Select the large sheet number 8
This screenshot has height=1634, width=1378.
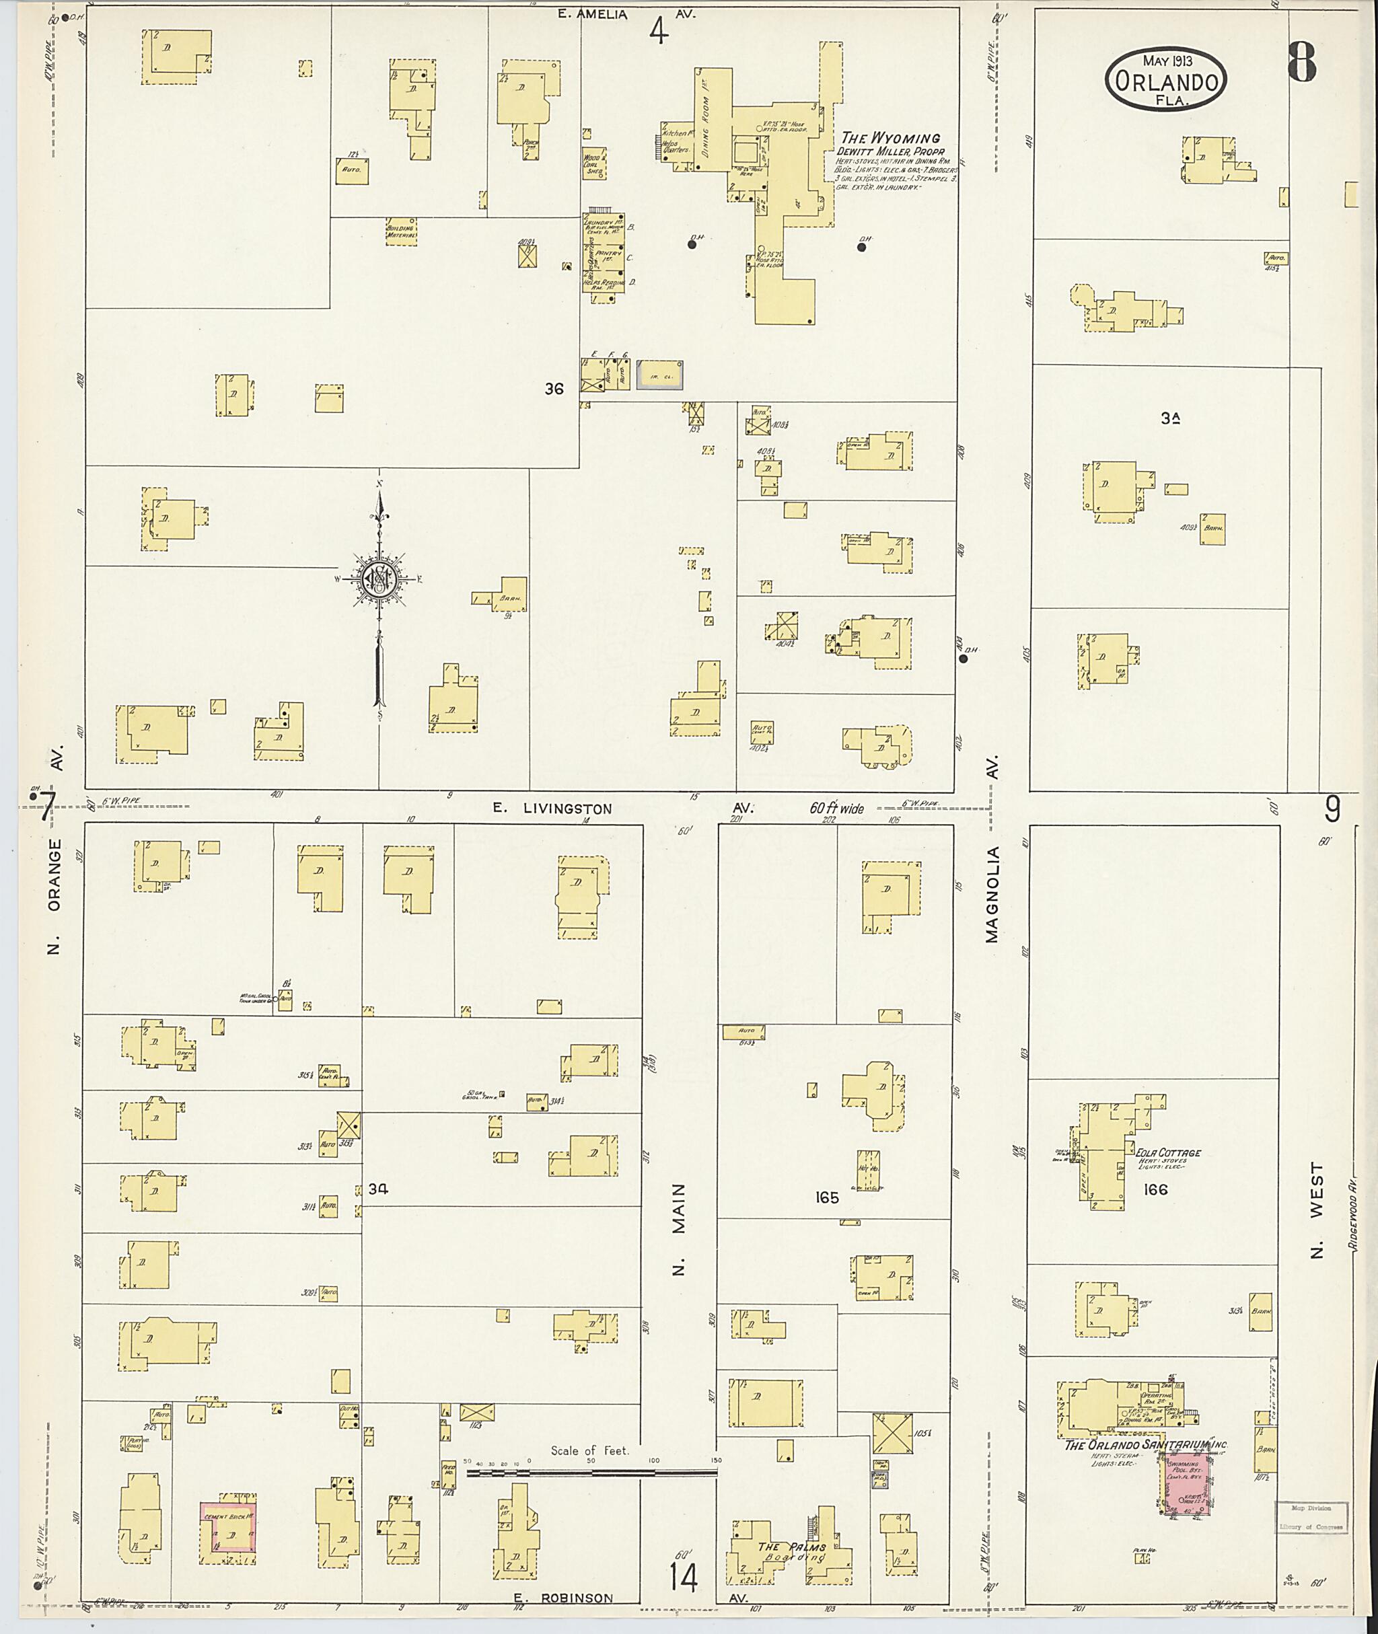click(x=1301, y=61)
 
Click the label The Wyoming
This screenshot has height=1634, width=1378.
click(x=890, y=139)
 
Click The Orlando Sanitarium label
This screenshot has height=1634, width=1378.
click(x=1145, y=1446)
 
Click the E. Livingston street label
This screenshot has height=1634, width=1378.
click(x=552, y=809)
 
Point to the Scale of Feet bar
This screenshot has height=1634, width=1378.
click(x=591, y=1473)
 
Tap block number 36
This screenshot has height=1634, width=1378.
click(x=554, y=388)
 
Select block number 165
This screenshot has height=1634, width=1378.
click(x=826, y=1197)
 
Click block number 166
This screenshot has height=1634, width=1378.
click(x=1155, y=1189)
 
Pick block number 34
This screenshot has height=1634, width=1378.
click(x=378, y=1189)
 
